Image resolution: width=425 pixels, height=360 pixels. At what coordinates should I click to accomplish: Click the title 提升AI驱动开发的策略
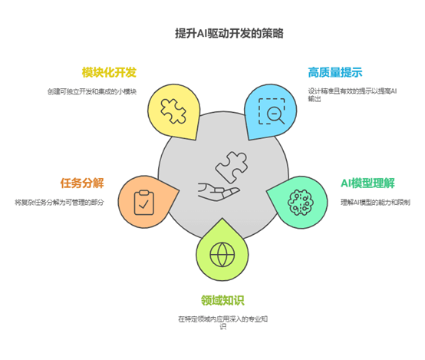click(x=229, y=34)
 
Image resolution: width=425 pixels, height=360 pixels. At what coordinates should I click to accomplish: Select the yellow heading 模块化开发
click(x=109, y=72)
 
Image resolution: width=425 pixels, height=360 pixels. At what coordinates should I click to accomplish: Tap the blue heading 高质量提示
click(x=335, y=72)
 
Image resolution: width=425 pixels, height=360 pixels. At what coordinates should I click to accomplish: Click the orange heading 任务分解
click(x=82, y=183)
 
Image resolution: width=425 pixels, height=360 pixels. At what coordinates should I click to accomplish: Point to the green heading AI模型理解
click(x=367, y=183)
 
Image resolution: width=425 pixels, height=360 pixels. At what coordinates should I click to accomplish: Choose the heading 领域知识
click(x=222, y=300)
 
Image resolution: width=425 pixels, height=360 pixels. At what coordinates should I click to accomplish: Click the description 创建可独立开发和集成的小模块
click(x=92, y=91)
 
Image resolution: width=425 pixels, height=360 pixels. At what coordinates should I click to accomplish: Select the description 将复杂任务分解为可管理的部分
click(x=59, y=203)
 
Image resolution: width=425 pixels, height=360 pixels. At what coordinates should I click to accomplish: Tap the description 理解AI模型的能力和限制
click(x=375, y=203)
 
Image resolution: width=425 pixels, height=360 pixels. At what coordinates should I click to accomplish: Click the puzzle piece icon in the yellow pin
click(x=173, y=111)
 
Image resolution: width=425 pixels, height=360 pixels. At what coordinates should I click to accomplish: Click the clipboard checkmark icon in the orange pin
click(x=144, y=203)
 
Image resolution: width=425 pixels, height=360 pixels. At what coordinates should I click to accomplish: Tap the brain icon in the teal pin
click(x=301, y=203)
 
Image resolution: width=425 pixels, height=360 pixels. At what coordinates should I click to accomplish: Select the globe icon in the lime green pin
click(x=222, y=255)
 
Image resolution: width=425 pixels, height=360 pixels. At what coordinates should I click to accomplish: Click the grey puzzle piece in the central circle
click(x=232, y=167)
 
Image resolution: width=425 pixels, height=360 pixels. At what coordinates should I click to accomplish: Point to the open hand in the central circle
click(x=218, y=192)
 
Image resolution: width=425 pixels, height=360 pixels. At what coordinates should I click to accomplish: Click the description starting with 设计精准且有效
click(x=352, y=95)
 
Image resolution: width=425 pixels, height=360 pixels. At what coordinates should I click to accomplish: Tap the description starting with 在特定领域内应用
click(x=222, y=322)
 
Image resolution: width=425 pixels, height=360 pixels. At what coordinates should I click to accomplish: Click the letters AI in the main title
click(x=202, y=34)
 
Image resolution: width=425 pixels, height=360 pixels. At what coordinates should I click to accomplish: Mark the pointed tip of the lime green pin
click(x=222, y=219)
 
